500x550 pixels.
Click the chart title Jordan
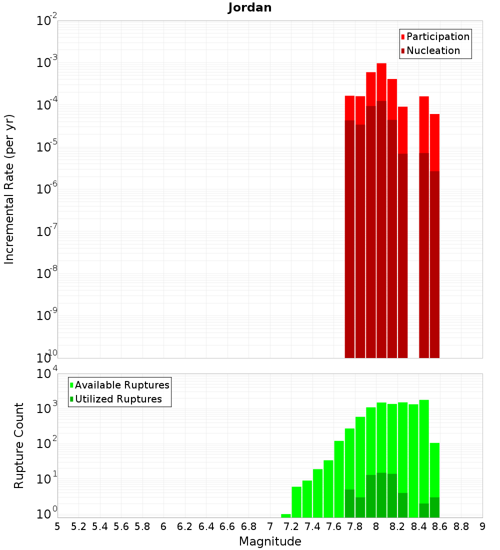249,7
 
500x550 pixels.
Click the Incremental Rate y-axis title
9,189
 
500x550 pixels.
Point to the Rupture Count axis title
19,445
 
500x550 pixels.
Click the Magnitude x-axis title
270,541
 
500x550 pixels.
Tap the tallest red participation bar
381,80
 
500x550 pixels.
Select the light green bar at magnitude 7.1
286,515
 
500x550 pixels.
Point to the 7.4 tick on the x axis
312,526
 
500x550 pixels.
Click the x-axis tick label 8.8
461,526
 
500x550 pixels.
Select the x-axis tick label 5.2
79,526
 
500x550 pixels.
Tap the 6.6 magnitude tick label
227,526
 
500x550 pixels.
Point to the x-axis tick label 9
482,526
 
